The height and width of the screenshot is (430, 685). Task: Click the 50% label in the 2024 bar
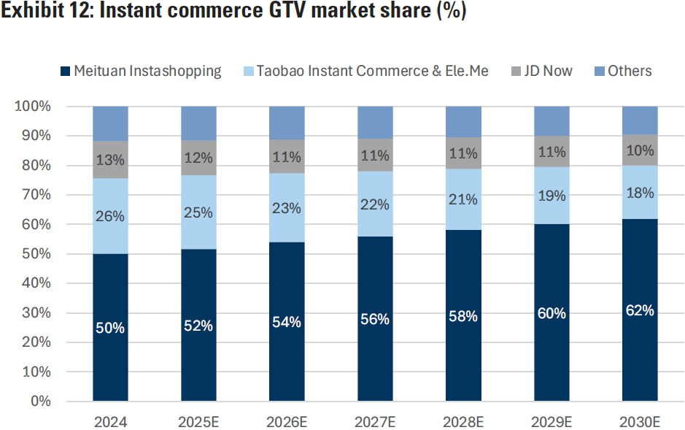coord(110,328)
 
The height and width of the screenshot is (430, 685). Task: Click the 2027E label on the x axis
coord(375,422)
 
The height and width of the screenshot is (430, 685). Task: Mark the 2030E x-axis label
coord(639,422)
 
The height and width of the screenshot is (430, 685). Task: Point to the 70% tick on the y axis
coord(34,195)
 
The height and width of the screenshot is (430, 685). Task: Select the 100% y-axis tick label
coord(32,107)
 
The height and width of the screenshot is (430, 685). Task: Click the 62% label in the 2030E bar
coord(639,310)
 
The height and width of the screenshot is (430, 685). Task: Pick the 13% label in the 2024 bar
coord(110,159)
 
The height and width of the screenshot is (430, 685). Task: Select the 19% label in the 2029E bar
coord(552,195)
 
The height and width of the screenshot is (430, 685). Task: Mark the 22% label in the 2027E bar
coord(375,204)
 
